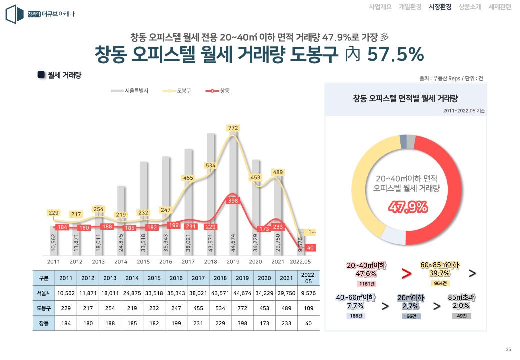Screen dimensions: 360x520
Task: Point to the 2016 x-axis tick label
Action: [165, 261]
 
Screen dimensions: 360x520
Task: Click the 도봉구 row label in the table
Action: [44, 308]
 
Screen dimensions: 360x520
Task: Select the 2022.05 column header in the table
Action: [305, 278]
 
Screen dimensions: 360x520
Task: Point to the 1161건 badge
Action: [367, 284]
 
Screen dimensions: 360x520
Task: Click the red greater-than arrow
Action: [406, 274]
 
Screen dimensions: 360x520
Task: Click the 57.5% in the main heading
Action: [395, 54]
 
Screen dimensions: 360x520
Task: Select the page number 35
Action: [508, 349]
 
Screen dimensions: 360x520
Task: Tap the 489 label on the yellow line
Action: [278, 172]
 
